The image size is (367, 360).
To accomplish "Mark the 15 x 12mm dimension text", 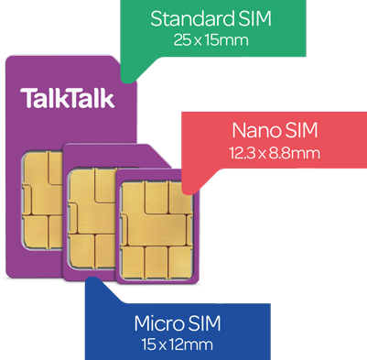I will click(178, 344).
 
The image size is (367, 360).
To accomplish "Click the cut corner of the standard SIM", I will click(125, 61).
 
